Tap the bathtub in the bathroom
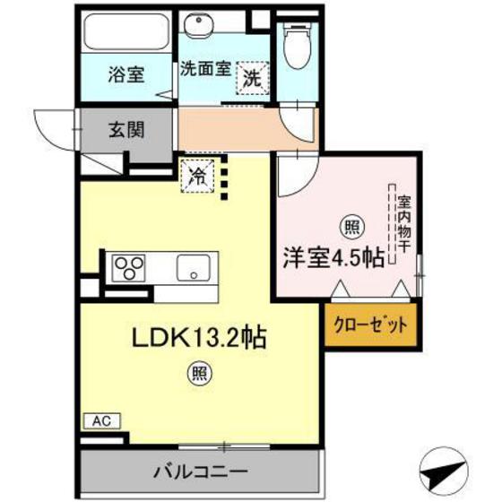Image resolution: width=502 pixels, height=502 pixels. coord(125,34)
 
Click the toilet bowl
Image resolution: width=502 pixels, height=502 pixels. coord(296,39)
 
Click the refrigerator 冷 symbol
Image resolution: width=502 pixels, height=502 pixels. coord(196,175)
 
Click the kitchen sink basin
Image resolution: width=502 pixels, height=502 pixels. coord(192,266)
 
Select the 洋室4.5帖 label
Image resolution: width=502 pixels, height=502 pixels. coord(335,257)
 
